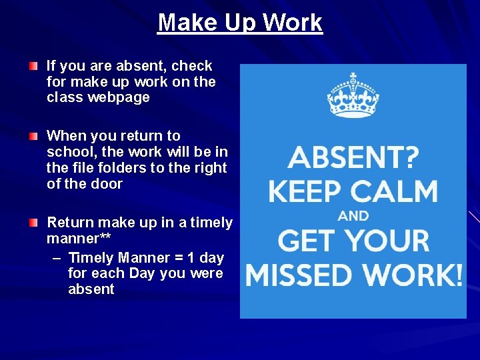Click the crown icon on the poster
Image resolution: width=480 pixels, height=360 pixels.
coord(353,96)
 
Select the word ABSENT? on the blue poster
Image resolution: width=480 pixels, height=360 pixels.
coord(353,158)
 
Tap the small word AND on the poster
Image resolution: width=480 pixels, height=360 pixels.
coord(353,216)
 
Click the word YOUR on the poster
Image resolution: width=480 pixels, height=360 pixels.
coord(389,241)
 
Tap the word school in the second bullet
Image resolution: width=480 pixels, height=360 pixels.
coord(69,151)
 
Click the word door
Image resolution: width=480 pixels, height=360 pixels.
coord(107,183)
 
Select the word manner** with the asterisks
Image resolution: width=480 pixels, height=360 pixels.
coord(78,238)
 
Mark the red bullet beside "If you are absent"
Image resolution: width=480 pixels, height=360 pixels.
coord(34,67)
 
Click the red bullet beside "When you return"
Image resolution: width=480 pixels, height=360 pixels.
coord(34,136)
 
